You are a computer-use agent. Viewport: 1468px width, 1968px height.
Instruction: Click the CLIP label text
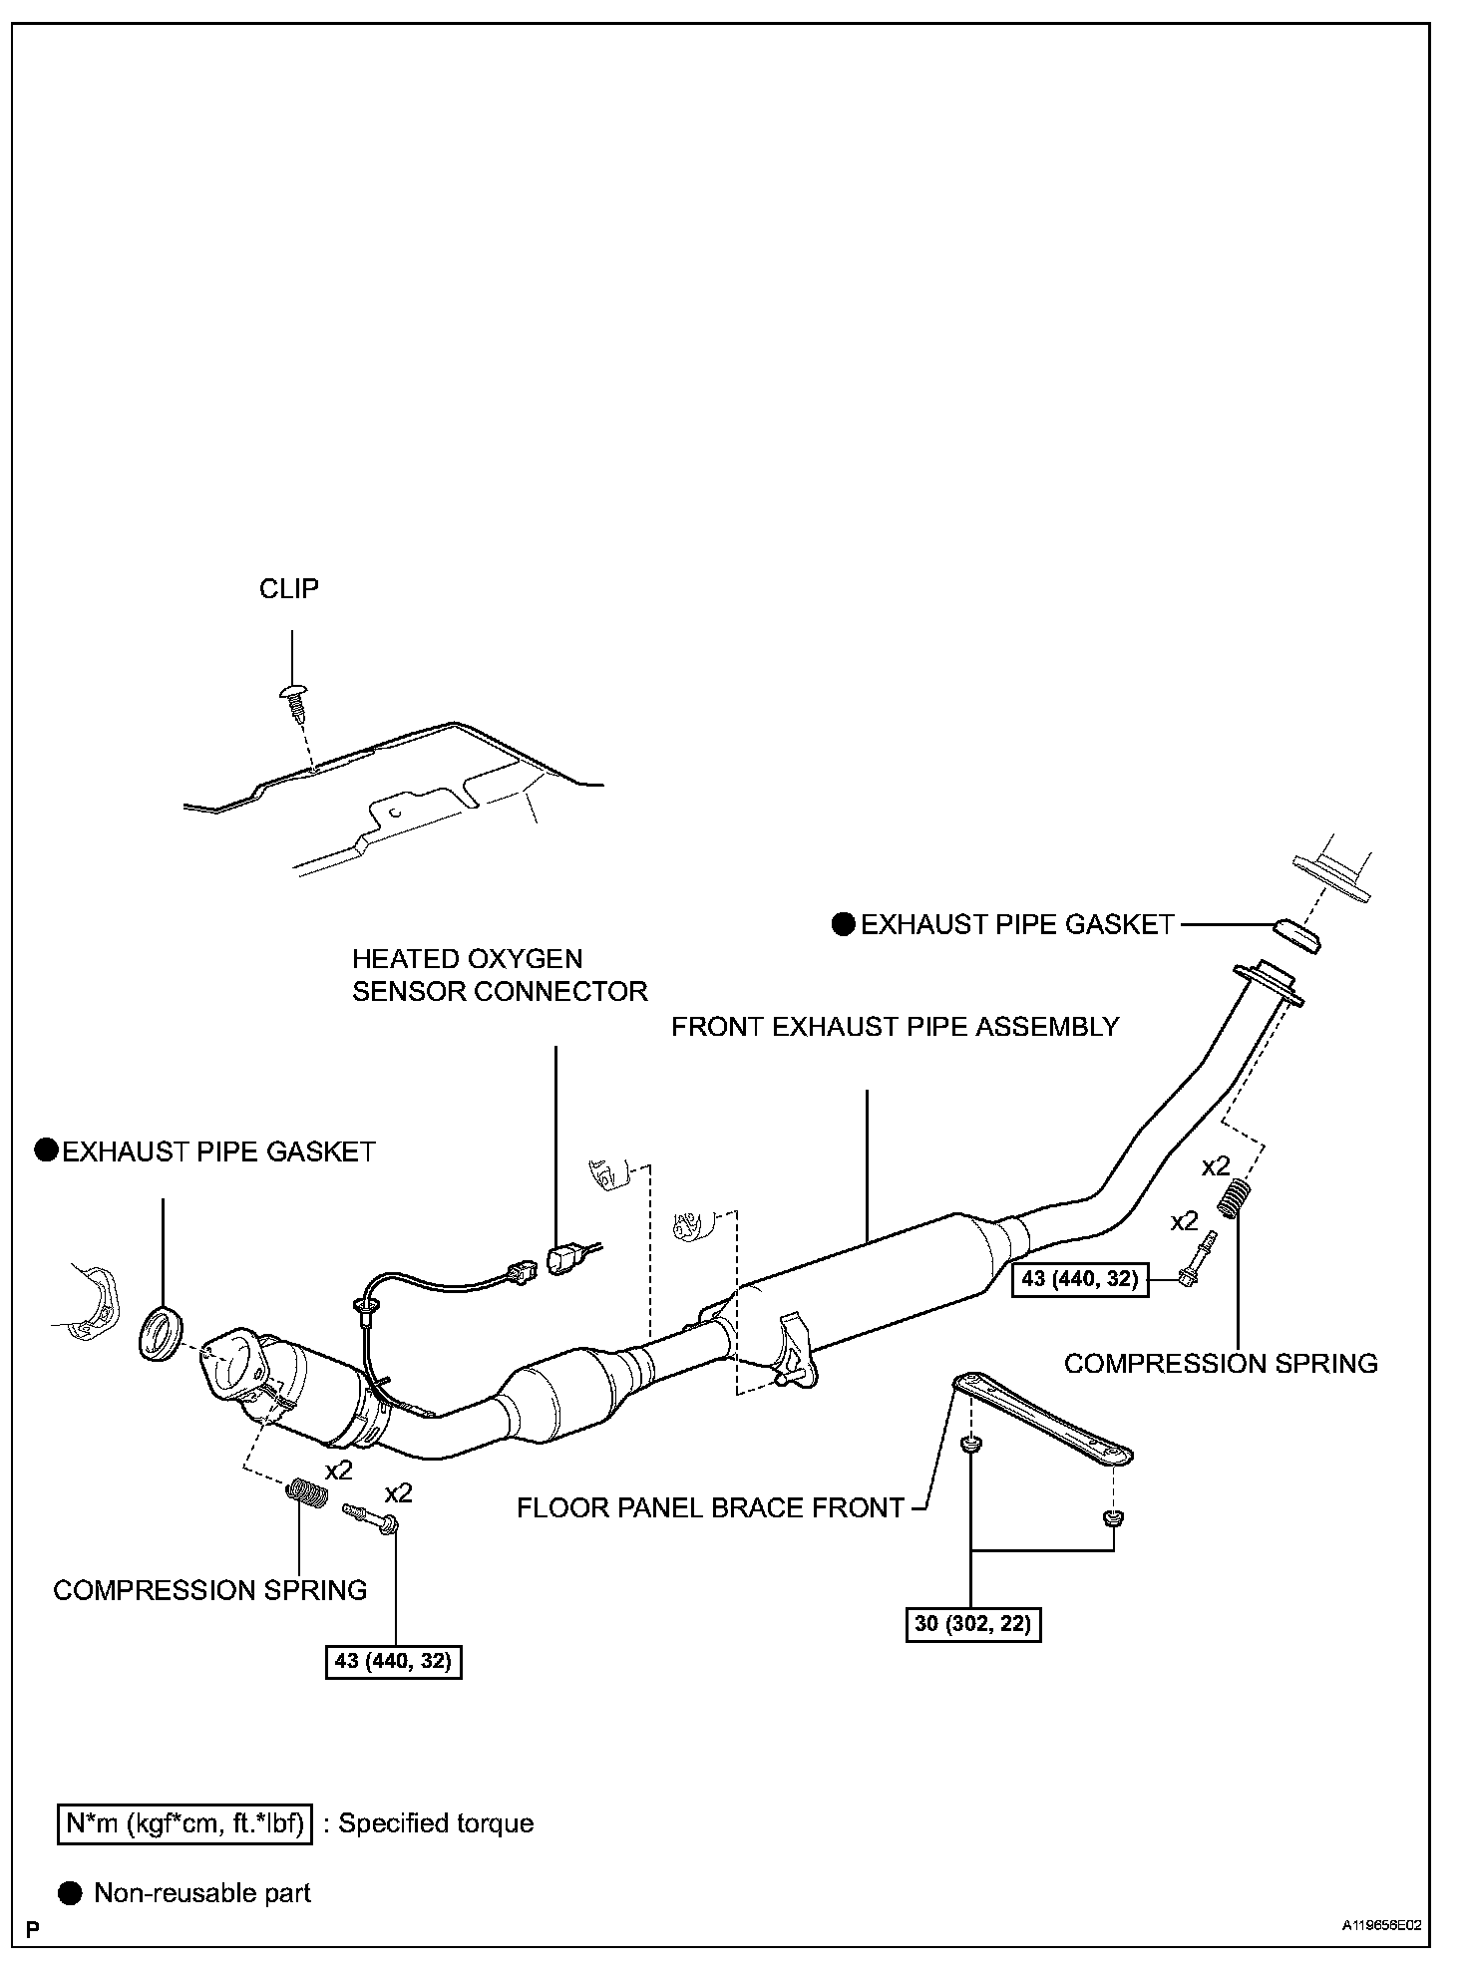(289, 589)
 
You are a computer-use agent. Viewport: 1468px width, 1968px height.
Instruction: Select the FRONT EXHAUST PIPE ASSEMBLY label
(895, 1027)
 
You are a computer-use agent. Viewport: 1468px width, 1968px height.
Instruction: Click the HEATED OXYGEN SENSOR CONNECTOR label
(500, 975)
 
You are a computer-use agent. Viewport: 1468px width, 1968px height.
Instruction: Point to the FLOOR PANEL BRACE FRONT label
(710, 1507)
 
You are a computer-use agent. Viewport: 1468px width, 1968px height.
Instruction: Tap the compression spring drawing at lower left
(307, 1494)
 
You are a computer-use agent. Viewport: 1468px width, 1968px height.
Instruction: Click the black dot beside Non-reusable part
(70, 1893)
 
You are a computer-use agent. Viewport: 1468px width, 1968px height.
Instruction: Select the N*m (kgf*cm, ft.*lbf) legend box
(184, 1823)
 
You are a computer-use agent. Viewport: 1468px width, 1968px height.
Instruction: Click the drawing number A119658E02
(1381, 1927)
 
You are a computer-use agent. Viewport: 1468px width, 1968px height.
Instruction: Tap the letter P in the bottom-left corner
(33, 1929)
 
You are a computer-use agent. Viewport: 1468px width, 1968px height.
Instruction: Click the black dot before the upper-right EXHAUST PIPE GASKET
(844, 925)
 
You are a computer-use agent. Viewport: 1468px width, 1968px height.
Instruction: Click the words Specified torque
(436, 1823)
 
